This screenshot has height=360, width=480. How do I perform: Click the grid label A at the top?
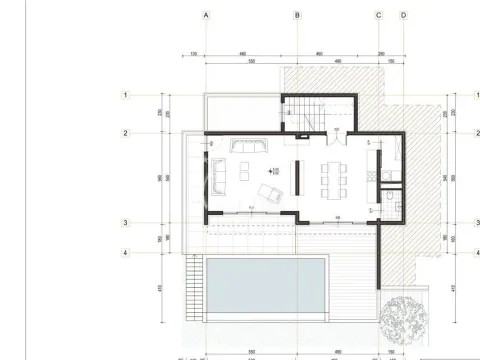click(x=205, y=15)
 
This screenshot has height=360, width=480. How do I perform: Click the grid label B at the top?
click(x=297, y=15)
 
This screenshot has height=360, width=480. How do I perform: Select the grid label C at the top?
click(x=379, y=15)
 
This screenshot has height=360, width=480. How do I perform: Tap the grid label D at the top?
click(x=403, y=15)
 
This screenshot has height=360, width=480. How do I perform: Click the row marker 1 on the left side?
click(x=126, y=95)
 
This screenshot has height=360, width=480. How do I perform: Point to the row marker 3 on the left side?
click(x=126, y=224)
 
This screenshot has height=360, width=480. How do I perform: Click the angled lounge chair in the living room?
click(x=268, y=192)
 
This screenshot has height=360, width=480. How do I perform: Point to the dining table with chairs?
click(x=331, y=181)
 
